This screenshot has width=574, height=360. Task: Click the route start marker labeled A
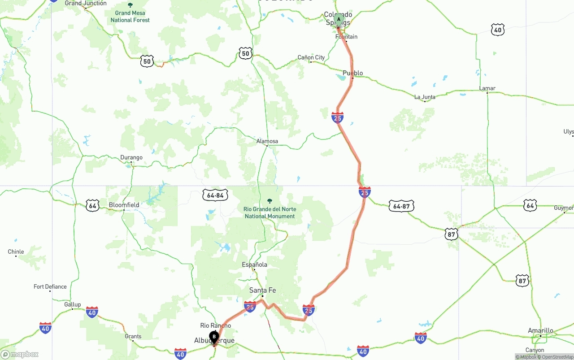click(339, 20)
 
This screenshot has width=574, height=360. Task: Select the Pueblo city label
click(352, 73)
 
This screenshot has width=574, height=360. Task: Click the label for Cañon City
click(311, 57)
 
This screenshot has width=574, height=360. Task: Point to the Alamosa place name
click(267, 141)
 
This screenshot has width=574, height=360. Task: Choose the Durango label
click(131, 157)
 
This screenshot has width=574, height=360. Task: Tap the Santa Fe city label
click(263, 291)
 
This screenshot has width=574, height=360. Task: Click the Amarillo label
click(540, 330)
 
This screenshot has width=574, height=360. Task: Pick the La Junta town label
click(424, 97)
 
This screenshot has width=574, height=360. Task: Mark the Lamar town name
click(487, 88)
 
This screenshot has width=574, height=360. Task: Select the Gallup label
click(72, 304)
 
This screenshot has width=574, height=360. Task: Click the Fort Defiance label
click(50, 286)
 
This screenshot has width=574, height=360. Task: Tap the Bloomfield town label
click(124, 205)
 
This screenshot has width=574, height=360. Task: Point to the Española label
click(254, 265)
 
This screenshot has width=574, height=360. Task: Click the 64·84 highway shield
click(215, 195)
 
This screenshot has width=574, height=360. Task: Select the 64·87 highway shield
click(401, 206)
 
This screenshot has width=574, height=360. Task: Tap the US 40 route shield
click(498, 30)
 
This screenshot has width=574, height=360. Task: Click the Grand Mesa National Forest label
click(130, 17)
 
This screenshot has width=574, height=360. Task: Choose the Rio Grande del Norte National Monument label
click(270, 213)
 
